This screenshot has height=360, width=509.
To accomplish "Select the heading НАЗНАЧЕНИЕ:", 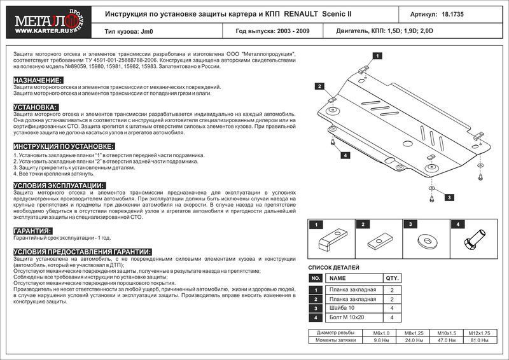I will pyautogui.click(x=38, y=80).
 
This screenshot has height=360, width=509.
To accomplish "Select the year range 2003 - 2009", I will pyautogui.click(x=289, y=30).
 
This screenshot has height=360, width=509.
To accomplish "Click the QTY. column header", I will pyautogui.click(x=392, y=279).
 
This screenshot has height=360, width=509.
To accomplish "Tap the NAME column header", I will pyautogui.click(x=338, y=279).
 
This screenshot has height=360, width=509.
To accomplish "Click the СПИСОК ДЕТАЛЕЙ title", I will pyautogui.click(x=334, y=268).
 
